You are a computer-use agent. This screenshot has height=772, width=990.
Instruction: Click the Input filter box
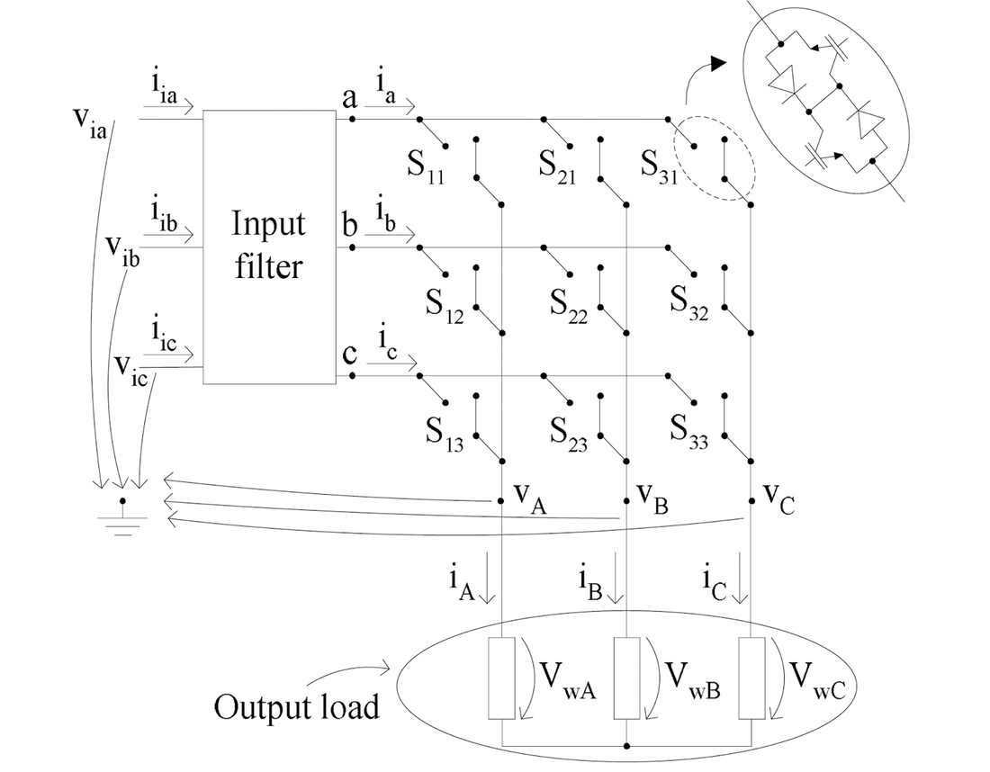click(268, 247)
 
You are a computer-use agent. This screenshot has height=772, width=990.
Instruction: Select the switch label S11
click(436, 167)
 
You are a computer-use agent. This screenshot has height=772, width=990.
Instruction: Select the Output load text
click(296, 706)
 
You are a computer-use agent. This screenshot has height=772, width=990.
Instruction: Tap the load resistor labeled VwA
click(501, 678)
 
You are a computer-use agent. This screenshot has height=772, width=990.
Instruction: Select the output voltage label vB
click(652, 496)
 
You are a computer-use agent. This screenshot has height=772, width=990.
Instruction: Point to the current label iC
click(716, 581)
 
